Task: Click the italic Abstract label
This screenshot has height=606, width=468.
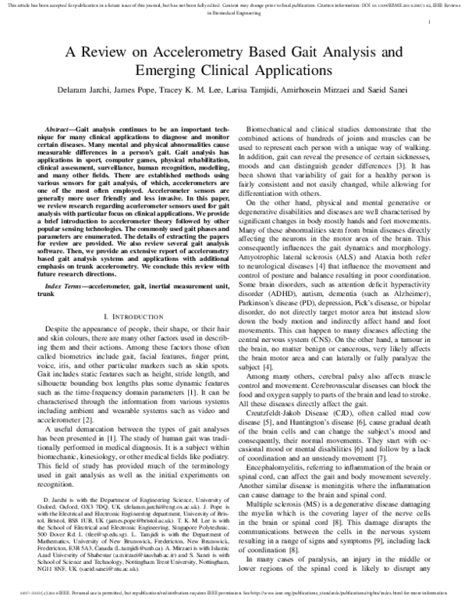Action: click(60, 127)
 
